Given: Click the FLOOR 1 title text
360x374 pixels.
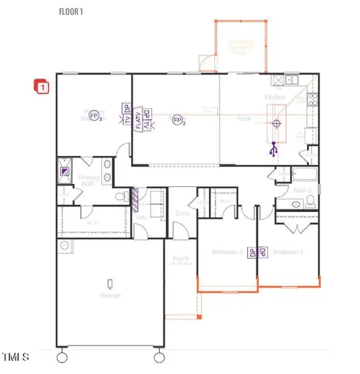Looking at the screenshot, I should point(72,12).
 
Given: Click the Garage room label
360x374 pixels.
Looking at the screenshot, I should point(110,295).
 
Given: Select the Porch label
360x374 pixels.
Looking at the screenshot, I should point(180,260).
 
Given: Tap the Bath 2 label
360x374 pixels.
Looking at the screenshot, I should point(303,190).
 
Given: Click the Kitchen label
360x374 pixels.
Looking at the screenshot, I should point(275,97).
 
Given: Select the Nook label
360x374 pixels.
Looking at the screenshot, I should point(244,119).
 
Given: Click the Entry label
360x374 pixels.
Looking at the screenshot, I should point(182,212).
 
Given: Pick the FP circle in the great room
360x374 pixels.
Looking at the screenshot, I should point(178,120).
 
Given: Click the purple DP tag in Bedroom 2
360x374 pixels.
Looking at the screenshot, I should point(252,252).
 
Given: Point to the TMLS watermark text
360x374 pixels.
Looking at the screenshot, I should point(15,358).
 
